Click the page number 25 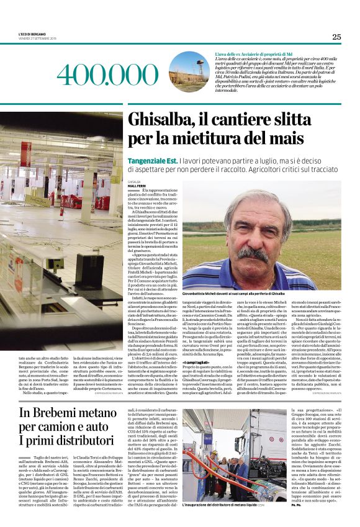(336, 37)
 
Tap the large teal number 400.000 (99, 74)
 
